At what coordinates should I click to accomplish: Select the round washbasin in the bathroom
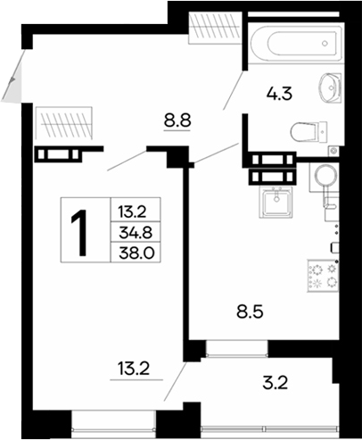tap(331, 87)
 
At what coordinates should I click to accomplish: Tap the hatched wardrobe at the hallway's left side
tap(63, 120)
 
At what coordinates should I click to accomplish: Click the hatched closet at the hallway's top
tap(214, 26)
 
